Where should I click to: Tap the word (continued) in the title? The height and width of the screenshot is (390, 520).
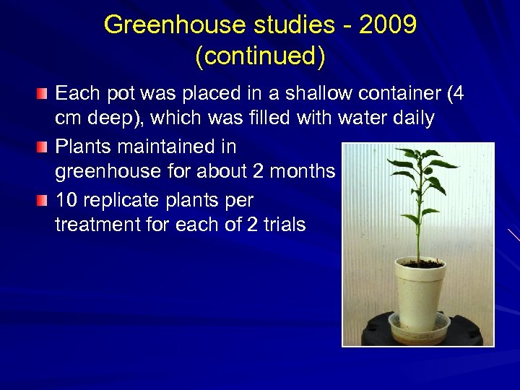(x=260, y=56)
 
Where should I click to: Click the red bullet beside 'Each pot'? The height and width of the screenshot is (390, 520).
(x=44, y=94)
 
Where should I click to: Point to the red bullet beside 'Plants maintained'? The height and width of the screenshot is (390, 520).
(x=44, y=147)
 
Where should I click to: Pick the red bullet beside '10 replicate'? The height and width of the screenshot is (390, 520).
(x=44, y=199)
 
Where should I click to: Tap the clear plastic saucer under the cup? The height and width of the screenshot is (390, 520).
(x=419, y=329)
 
